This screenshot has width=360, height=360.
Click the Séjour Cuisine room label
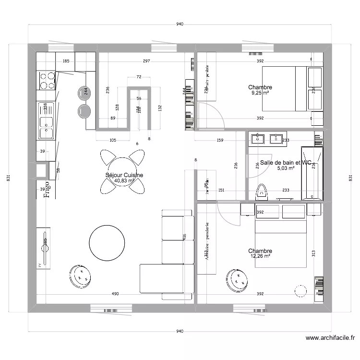[x=124, y=175]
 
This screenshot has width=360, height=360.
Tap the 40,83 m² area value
[x=124, y=181]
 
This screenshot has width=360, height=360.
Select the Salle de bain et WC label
[x=286, y=163]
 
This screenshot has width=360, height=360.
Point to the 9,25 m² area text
[x=260, y=93]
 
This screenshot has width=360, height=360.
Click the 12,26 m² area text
[x=260, y=256]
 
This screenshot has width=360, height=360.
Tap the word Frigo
[x=47, y=189]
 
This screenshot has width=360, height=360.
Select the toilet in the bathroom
[x=262, y=191]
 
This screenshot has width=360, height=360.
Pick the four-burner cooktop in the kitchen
[x=47, y=81]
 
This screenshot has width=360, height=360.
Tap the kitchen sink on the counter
[x=46, y=126]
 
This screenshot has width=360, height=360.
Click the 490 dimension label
[x=115, y=294]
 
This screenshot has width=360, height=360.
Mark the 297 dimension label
[x=146, y=61]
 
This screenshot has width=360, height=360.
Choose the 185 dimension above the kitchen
[x=66, y=61]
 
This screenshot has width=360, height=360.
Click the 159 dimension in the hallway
[x=220, y=141]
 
